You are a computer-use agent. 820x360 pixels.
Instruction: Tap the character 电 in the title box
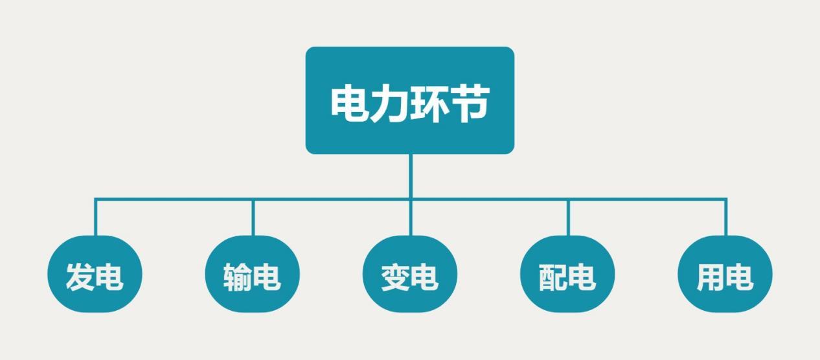350,103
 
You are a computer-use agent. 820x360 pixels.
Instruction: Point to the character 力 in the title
389,103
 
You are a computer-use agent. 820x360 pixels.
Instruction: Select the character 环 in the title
429,103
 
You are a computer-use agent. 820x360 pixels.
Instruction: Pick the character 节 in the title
469,103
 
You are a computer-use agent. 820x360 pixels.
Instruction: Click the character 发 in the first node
80,276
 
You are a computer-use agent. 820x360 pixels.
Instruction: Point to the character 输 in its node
237,276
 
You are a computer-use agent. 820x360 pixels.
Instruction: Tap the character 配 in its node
552,276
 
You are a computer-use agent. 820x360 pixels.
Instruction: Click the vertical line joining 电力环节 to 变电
410,194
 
